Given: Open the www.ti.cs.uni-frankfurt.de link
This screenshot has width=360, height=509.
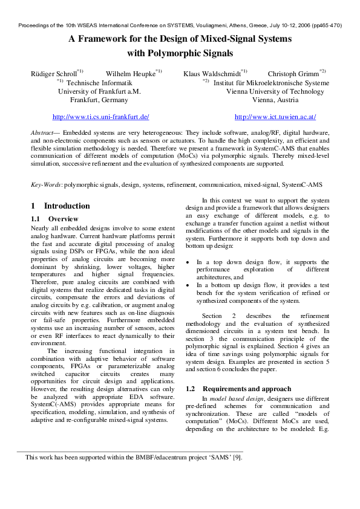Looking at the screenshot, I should tap(101, 117).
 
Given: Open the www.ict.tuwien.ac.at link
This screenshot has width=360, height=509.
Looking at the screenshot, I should tap(275, 117).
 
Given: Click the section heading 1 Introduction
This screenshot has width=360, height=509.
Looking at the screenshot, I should tap(60, 206).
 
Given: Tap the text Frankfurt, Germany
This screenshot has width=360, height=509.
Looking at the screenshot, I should tap(99, 100).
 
